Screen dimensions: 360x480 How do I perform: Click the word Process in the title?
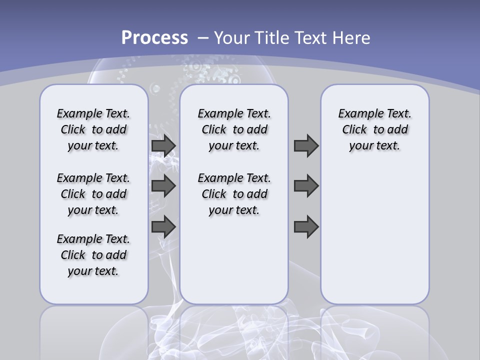(154, 38)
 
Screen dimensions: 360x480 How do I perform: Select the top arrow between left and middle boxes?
(163, 145)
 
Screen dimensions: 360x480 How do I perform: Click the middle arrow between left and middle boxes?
(163, 186)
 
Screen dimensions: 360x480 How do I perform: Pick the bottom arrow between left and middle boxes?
(163, 226)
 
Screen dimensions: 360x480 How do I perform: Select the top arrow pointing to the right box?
(306, 145)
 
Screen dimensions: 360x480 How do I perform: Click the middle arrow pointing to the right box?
(306, 186)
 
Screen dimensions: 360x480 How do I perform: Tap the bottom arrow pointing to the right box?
(306, 226)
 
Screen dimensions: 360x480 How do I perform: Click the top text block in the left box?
(93, 129)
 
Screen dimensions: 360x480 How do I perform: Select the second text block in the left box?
(93, 194)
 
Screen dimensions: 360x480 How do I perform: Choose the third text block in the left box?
(93, 255)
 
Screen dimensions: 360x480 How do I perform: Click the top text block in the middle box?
(234, 129)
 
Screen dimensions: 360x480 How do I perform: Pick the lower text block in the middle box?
(234, 194)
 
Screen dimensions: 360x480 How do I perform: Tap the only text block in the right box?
(374, 129)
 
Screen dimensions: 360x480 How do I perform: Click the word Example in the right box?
(357, 114)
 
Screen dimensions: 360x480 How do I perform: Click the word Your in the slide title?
(232, 38)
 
